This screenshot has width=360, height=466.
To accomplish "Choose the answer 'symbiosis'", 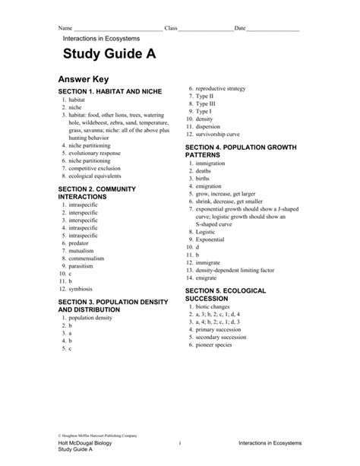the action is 81,289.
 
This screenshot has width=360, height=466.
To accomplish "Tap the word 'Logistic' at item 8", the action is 206,231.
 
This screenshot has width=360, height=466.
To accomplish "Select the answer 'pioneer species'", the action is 216,344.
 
